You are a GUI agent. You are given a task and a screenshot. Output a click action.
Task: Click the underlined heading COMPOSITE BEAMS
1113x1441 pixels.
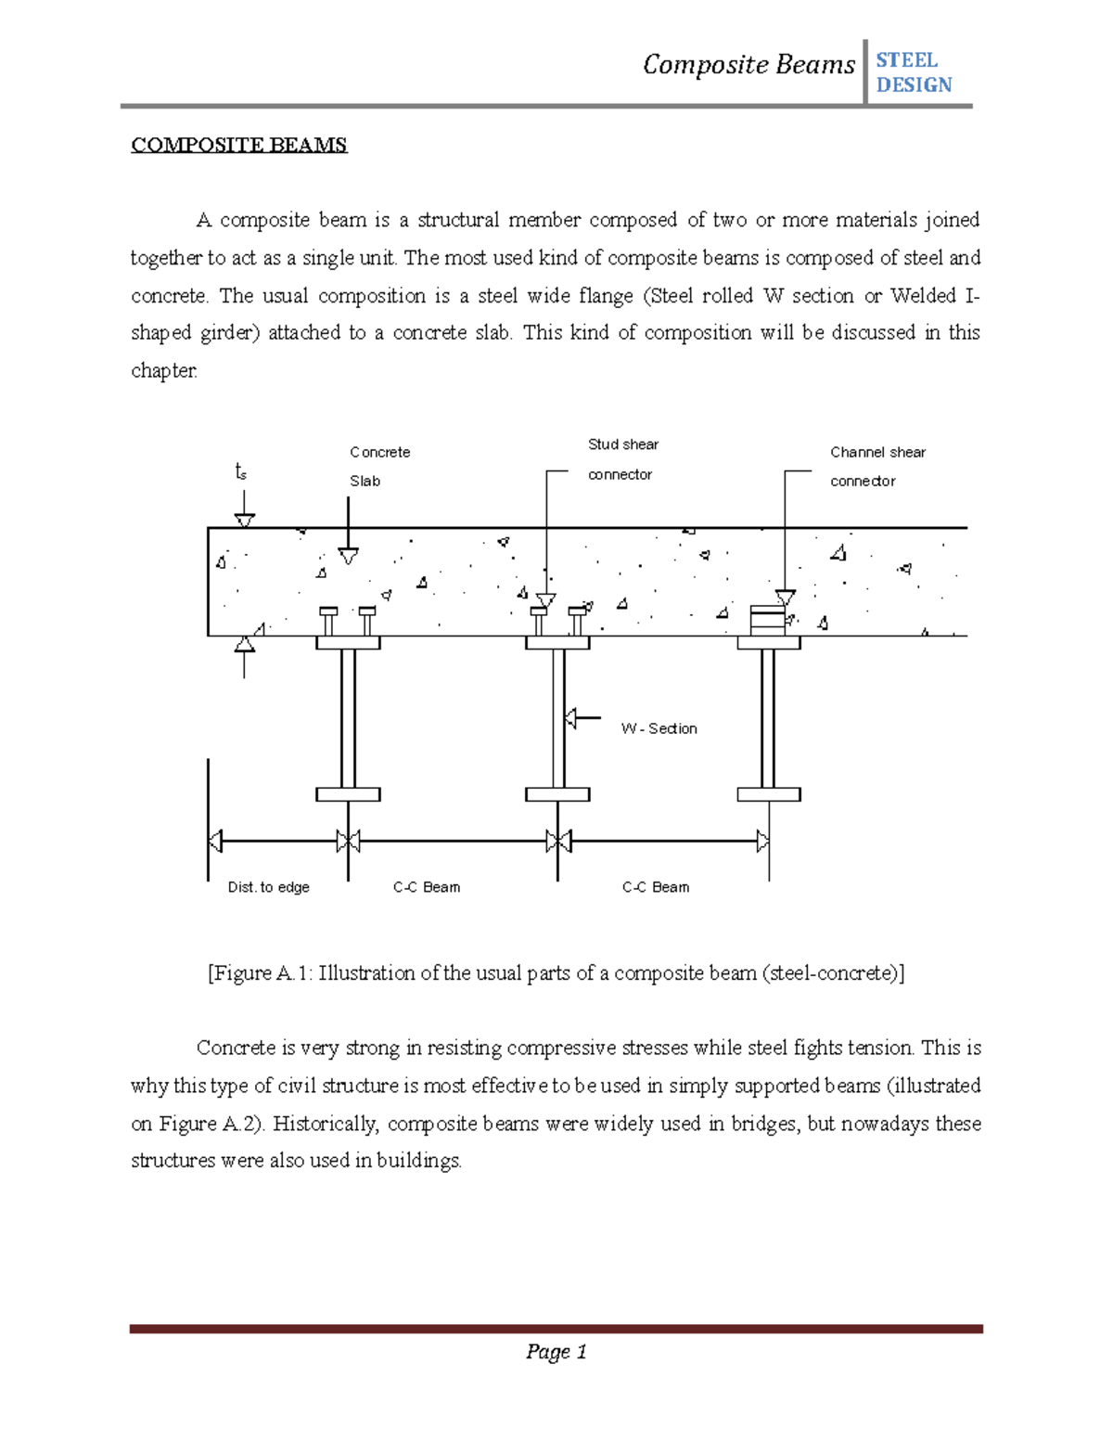click(x=238, y=145)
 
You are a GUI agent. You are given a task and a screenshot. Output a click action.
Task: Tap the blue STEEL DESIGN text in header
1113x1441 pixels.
click(x=913, y=72)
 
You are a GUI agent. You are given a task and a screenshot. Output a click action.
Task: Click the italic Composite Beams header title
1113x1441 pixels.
click(x=748, y=65)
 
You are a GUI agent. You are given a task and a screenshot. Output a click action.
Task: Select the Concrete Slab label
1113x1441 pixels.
click(x=378, y=466)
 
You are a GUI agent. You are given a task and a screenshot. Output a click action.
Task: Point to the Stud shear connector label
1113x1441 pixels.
click(x=622, y=459)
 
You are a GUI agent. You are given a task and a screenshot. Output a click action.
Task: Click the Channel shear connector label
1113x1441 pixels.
click(x=876, y=466)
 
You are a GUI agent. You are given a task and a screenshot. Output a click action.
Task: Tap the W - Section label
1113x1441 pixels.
click(x=659, y=728)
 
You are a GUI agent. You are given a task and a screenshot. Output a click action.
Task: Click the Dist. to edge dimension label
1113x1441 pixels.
click(x=268, y=887)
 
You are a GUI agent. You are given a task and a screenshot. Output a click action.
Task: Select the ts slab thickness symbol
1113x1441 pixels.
click(x=241, y=472)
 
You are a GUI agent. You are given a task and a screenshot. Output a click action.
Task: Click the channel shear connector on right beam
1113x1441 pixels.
click(x=767, y=619)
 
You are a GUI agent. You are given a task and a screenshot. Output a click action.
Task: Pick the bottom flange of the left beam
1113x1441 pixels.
click(x=348, y=794)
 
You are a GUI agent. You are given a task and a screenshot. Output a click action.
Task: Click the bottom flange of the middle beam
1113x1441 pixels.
click(x=557, y=794)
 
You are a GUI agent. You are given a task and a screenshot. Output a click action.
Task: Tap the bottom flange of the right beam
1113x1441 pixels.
click(x=769, y=794)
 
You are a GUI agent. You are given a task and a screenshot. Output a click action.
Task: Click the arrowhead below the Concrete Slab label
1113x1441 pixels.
click(x=348, y=557)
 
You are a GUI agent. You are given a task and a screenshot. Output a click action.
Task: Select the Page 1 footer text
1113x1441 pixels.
click(x=556, y=1352)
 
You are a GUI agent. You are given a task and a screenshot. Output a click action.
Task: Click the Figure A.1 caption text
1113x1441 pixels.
click(x=556, y=973)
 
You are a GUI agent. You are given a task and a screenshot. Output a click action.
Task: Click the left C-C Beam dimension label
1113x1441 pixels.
click(x=427, y=887)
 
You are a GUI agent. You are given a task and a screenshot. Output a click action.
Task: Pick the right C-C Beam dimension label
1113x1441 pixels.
click(x=656, y=887)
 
